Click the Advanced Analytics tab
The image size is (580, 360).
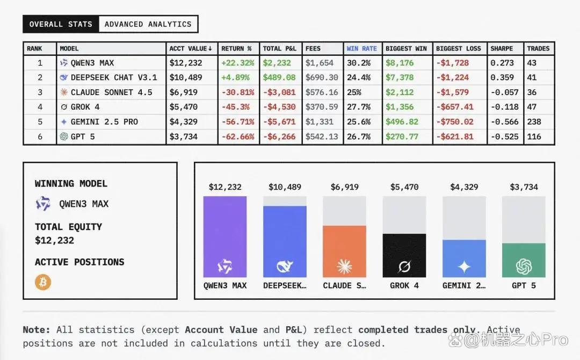[148, 24]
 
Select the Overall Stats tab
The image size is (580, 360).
[61, 24]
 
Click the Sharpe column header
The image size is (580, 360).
[502, 48]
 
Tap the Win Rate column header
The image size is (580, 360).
[362, 48]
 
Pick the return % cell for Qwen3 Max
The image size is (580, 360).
[238, 63]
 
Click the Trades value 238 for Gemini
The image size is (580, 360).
[534, 122]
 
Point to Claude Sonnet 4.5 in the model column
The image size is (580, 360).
[111, 92]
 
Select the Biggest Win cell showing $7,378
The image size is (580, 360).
[400, 77]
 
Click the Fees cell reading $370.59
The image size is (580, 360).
[322, 107]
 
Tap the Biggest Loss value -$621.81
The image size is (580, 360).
[455, 136]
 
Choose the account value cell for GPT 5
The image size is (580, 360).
[184, 136]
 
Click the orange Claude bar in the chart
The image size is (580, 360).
[344, 251]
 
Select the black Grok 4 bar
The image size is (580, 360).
[404, 255]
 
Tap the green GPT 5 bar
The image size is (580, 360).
[524, 260]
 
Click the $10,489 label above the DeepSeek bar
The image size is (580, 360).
[285, 187]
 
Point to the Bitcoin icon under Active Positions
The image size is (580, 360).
[43, 282]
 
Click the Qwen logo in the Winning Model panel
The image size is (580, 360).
[43, 204]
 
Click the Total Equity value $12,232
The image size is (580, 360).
[54, 241]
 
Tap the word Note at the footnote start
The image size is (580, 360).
[37, 330]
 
